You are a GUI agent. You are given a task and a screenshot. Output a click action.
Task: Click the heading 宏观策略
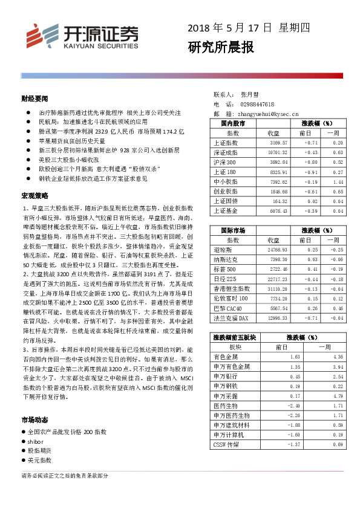[x=34, y=196]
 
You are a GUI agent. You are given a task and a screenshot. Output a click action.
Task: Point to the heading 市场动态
[x=34, y=420]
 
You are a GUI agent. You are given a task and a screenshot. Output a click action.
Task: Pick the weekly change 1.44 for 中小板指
[x=338, y=181]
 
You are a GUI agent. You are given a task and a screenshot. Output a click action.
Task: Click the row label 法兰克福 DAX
[x=232, y=318]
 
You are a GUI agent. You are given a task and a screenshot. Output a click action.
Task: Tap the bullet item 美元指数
[x=41, y=461]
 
